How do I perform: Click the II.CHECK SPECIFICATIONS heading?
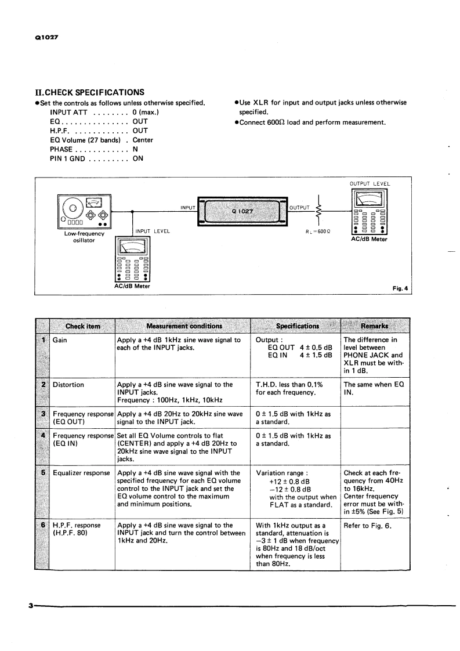pos(90,92)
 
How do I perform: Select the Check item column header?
pos(82,326)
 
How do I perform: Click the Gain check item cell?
pos(60,340)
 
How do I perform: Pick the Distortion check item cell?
pos(68,384)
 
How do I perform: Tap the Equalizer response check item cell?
pos(81,473)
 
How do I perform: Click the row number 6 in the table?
pos(43,525)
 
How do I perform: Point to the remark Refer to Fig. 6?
pos(365,526)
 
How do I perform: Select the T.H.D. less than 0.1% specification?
pos(289,384)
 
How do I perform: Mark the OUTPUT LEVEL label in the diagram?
pos(370,184)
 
